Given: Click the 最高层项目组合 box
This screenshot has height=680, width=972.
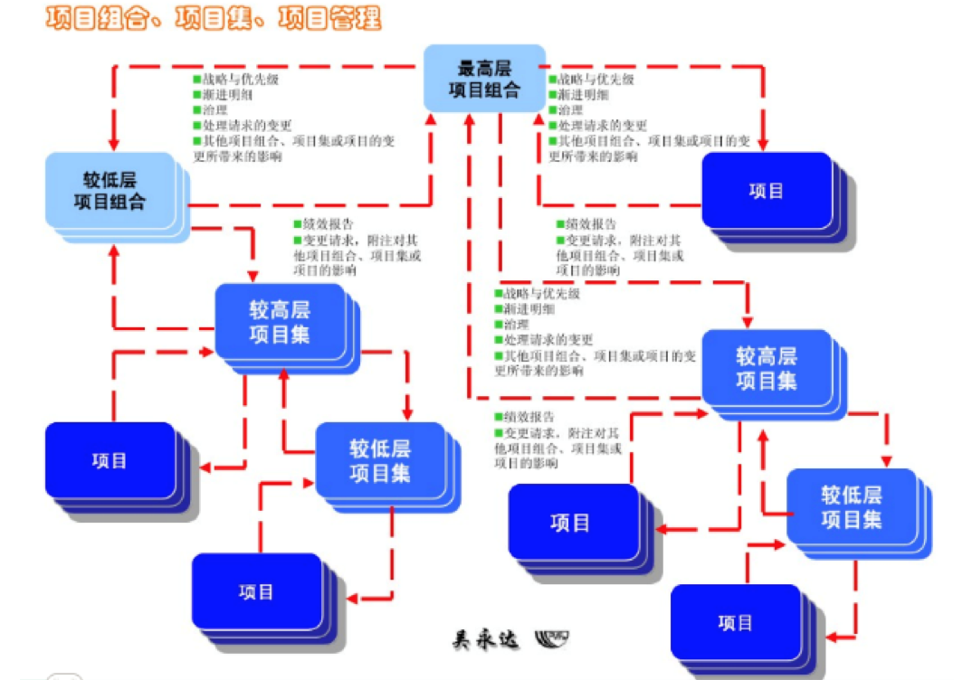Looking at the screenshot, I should click(x=486, y=79).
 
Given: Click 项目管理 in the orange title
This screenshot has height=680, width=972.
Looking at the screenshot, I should click(x=329, y=18).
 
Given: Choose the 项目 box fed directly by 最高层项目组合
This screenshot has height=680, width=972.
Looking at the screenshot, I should click(x=767, y=191).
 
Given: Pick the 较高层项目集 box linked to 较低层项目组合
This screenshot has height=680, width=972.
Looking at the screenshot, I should click(x=280, y=322).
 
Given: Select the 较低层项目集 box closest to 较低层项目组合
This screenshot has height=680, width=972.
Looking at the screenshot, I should click(x=380, y=460).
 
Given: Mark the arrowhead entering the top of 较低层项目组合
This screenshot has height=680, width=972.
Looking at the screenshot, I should click(x=114, y=144).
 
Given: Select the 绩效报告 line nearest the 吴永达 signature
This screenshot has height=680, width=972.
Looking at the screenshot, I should click(x=524, y=418).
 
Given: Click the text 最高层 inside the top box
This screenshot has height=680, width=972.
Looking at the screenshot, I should click(x=486, y=68).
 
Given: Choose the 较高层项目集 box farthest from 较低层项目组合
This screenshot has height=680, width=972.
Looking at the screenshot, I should click(x=767, y=368).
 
